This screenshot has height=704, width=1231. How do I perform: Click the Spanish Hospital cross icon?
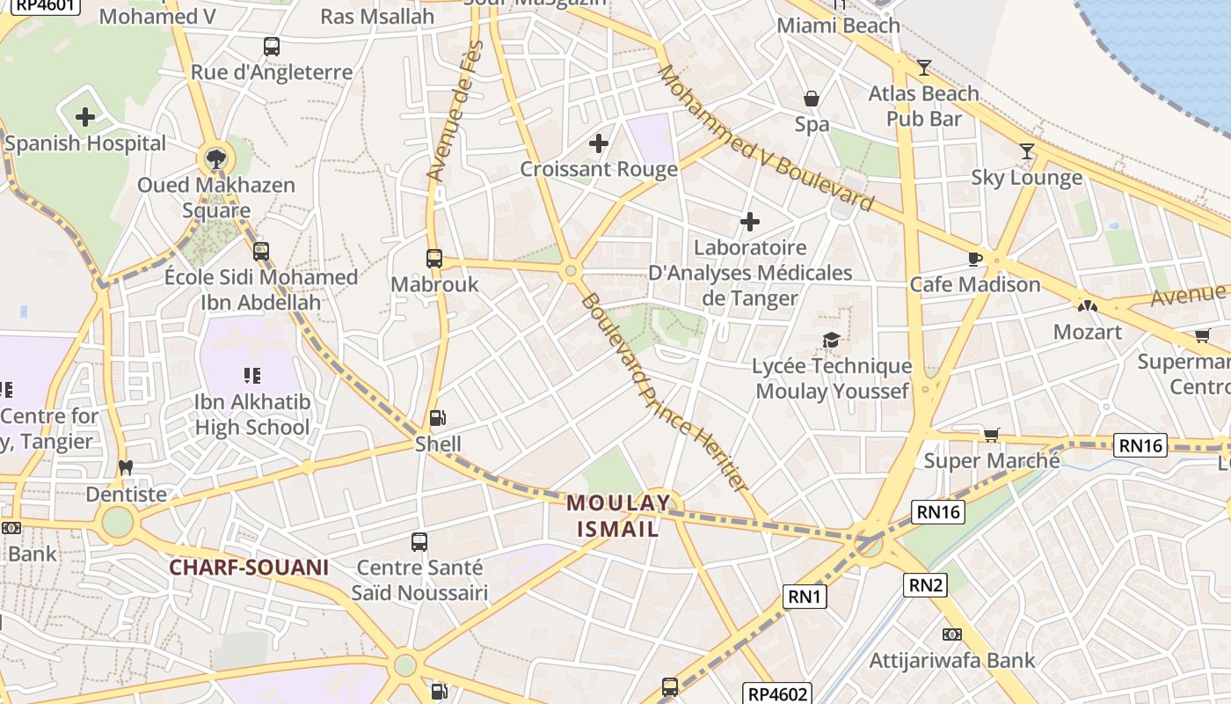(x=85, y=116)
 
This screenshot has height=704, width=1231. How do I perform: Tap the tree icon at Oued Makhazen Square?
(x=215, y=159)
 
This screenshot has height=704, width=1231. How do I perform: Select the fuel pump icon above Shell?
(x=437, y=418)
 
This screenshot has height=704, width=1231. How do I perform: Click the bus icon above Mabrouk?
(x=434, y=258)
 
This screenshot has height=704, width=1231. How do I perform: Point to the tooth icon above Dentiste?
(x=126, y=468)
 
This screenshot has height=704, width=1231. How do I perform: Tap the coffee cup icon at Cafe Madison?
(x=974, y=259)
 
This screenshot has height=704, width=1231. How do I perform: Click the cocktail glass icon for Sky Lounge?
(x=1026, y=151)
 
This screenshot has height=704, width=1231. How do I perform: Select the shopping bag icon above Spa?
(x=812, y=99)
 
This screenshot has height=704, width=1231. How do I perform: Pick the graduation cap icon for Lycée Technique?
(x=831, y=340)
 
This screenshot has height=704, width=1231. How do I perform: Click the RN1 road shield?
(x=805, y=597)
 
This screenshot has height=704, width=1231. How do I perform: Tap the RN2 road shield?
(x=926, y=584)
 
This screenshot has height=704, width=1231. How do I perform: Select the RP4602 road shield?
(x=776, y=693)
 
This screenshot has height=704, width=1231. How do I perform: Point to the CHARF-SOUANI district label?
(x=249, y=568)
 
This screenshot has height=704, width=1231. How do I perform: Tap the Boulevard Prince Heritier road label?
(x=664, y=392)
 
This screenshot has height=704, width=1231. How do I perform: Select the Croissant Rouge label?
(x=599, y=169)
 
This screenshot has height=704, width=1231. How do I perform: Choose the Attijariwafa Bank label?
(x=952, y=660)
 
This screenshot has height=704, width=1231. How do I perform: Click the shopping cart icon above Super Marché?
(x=992, y=434)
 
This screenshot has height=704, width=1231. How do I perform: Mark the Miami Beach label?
(x=838, y=26)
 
